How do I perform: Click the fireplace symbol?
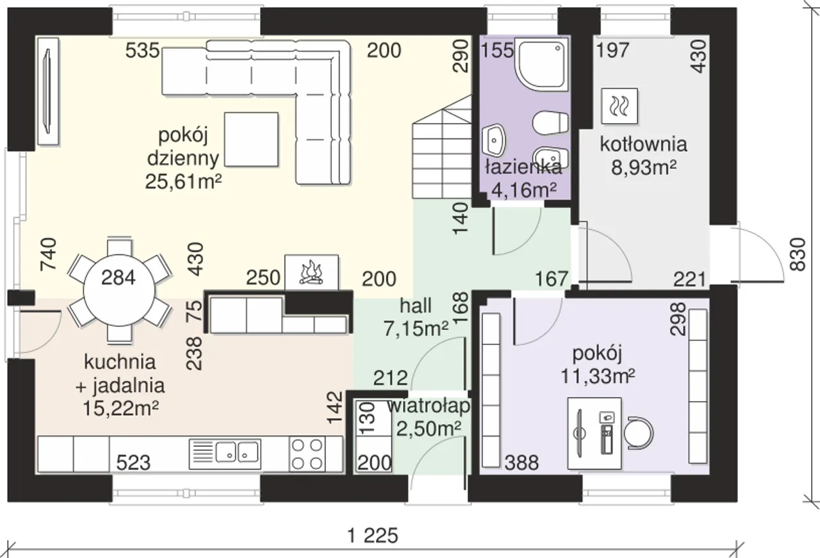pyautogui.click(x=311, y=273)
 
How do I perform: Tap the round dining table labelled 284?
pyautogui.click(x=119, y=290)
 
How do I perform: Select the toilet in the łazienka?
pyautogui.click(x=550, y=123)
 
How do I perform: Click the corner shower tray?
pyautogui.click(x=542, y=64)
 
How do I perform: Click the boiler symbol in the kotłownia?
pyautogui.click(x=619, y=106)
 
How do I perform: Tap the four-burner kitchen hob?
pyautogui.click(x=307, y=454)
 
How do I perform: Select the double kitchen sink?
pyautogui.click(x=225, y=454)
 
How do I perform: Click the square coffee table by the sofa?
pyautogui.click(x=251, y=139)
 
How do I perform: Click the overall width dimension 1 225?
pyautogui.click(x=373, y=536)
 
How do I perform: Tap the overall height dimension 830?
pyautogui.click(x=798, y=254)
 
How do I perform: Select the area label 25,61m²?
pyautogui.click(x=183, y=181)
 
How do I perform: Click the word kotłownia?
pyautogui.click(x=643, y=144)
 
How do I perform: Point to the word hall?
pyautogui.click(x=416, y=306)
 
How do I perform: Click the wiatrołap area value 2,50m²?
pyautogui.click(x=429, y=429)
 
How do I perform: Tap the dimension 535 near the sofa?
pyautogui.click(x=142, y=50)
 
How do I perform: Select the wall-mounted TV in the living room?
pyautogui.click(x=48, y=92)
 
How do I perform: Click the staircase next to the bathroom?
pyautogui.click(x=442, y=147)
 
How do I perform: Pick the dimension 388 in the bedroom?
pyautogui.click(x=521, y=463)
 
